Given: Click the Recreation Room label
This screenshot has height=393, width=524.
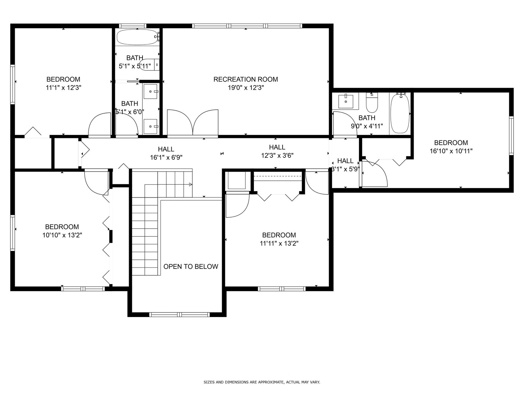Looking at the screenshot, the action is click(x=246, y=79).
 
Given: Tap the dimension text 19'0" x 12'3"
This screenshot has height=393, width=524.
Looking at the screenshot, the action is click(x=246, y=88).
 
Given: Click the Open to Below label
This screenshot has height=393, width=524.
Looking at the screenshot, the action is click(x=191, y=267).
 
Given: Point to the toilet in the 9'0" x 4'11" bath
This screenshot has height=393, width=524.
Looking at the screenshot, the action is click(x=372, y=103).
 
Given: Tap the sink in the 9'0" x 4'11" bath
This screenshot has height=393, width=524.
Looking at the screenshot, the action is click(x=346, y=101).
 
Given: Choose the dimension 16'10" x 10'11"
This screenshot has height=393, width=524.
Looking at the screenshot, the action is click(x=451, y=151).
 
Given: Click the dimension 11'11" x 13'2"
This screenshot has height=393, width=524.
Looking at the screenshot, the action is click(x=279, y=243).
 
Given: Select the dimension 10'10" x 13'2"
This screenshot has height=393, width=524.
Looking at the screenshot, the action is click(x=62, y=235).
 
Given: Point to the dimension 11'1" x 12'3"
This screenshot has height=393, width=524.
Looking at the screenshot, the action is click(x=64, y=88).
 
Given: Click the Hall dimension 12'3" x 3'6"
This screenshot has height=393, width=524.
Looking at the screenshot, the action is click(x=277, y=156).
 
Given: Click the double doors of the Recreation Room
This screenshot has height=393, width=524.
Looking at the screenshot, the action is click(x=193, y=123).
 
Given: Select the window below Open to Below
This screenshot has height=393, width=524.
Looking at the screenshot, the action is click(x=179, y=315).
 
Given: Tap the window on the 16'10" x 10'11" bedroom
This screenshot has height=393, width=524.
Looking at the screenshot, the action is click(x=511, y=136).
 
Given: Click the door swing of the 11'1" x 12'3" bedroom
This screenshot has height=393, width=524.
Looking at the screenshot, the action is click(x=100, y=125).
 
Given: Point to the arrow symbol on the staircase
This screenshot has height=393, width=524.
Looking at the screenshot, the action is click(x=191, y=184).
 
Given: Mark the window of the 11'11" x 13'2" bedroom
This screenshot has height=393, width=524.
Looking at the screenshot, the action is click(x=282, y=289).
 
